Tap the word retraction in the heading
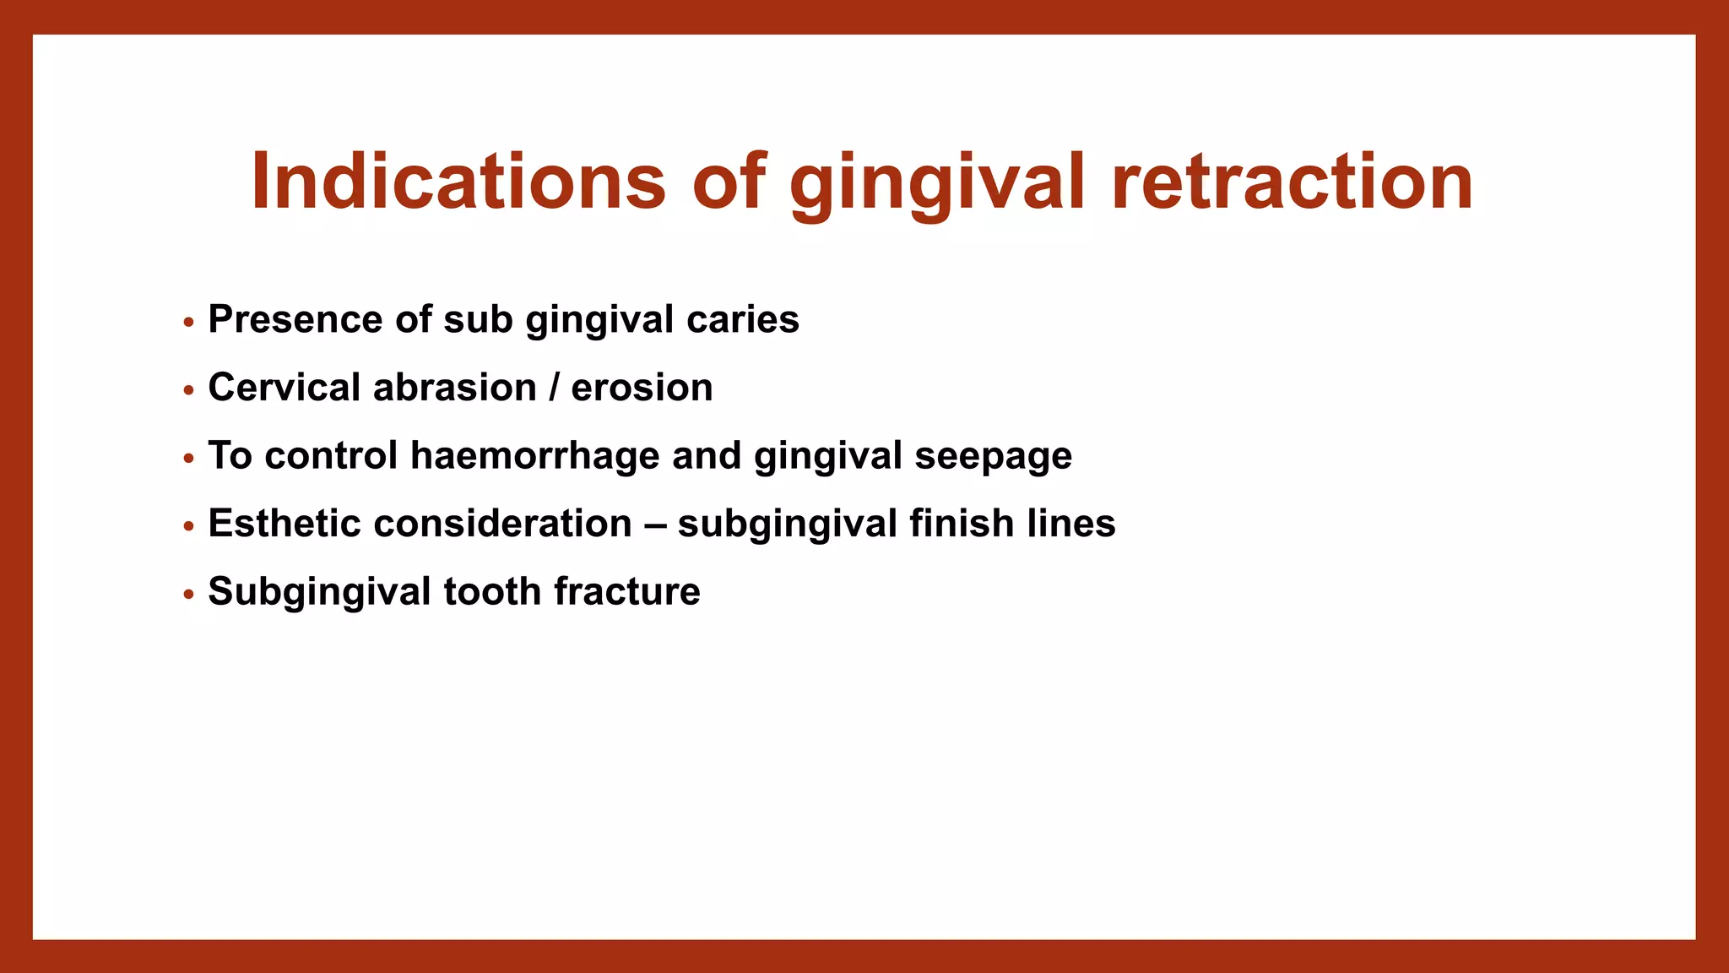[1292, 182]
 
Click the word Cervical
[285, 388]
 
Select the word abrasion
[455, 388]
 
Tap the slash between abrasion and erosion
[554, 388]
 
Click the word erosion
[642, 388]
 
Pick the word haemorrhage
[535, 456]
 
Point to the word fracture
[627, 591]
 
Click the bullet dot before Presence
[189, 323]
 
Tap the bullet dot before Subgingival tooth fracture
[189, 595]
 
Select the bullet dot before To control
[189, 459]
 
